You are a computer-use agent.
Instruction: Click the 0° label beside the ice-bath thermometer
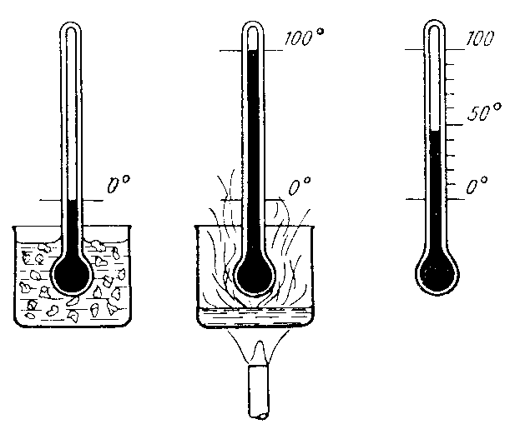click(x=119, y=185)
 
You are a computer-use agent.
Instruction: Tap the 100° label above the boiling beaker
click(x=304, y=37)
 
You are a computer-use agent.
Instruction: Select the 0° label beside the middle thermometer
click(x=299, y=186)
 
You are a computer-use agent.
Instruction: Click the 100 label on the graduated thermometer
click(x=480, y=38)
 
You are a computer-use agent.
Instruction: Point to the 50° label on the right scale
click(x=484, y=112)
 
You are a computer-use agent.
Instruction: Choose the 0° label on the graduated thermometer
click(x=477, y=186)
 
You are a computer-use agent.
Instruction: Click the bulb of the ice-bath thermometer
click(x=72, y=274)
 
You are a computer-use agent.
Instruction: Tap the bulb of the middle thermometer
click(x=255, y=275)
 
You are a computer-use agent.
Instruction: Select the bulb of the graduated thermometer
click(x=437, y=272)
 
